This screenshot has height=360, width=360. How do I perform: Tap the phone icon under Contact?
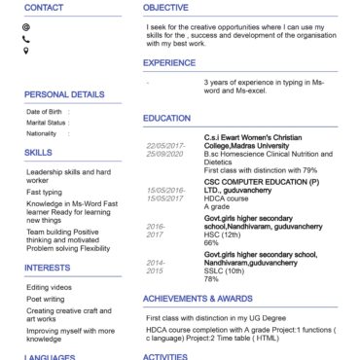click(x=25, y=39)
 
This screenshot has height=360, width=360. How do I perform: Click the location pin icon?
click(x=25, y=51)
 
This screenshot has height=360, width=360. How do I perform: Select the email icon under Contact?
click(x=25, y=26)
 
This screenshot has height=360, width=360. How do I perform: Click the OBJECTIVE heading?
click(x=165, y=7)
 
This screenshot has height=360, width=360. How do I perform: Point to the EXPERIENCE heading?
click(x=168, y=62)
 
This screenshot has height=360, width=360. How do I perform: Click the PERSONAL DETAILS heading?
click(x=64, y=94)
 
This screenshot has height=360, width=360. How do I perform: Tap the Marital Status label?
click(x=46, y=123)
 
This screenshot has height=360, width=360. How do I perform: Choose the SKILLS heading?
click(x=39, y=153)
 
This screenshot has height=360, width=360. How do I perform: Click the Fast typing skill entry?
click(x=45, y=192)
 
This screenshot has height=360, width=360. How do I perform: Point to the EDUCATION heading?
click(x=166, y=118)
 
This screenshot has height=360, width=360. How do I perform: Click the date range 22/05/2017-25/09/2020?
click(x=163, y=150)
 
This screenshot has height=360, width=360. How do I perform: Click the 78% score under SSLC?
click(x=211, y=279)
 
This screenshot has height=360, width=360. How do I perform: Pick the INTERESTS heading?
click(x=47, y=267)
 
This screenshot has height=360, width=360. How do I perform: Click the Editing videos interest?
click(x=49, y=287)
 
